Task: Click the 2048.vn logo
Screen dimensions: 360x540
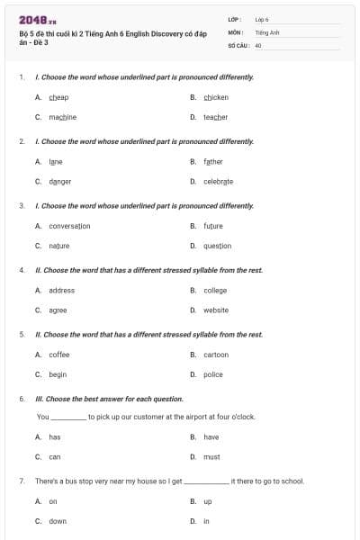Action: pyautogui.click(x=32, y=20)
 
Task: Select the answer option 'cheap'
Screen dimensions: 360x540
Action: pyautogui.click(x=58, y=97)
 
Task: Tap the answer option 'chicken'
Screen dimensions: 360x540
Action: pyautogui.click(x=216, y=97)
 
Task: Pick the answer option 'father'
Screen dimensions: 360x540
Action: pyautogui.click(x=212, y=161)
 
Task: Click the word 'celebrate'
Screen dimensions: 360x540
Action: pyautogui.click(x=218, y=181)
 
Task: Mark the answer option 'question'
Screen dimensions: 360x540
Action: pyautogui.click(x=217, y=246)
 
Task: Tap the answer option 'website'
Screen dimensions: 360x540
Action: pyautogui.click(x=216, y=310)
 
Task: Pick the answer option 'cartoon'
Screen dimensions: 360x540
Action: pyautogui.click(x=216, y=355)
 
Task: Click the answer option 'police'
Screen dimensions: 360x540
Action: pyautogui.click(x=213, y=374)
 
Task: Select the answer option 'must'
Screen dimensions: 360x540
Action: pyautogui.click(x=211, y=456)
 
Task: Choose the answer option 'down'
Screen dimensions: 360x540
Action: pyautogui.click(x=58, y=521)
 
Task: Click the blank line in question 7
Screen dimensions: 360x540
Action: pyautogui.click(x=207, y=482)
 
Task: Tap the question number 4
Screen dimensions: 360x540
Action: pyautogui.click(x=22, y=270)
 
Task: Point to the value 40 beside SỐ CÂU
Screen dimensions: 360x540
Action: pyautogui.click(x=258, y=44)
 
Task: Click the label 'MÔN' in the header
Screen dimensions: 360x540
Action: pyautogui.click(x=235, y=31)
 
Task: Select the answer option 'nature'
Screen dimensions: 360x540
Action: pyautogui.click(x=58, y=246)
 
